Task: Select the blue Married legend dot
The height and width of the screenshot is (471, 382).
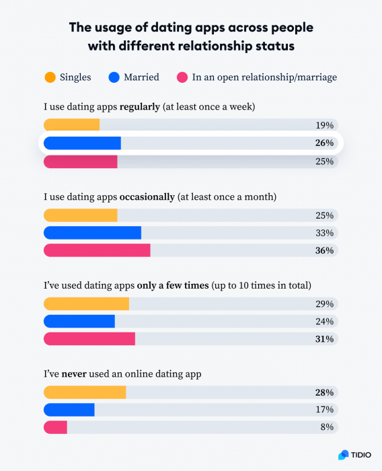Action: tap(114, 77)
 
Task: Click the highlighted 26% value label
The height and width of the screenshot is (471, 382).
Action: tap(324, 143)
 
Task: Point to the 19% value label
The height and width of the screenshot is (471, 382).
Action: tap(324, 125)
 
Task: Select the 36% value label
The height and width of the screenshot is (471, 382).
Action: tap(324, 250)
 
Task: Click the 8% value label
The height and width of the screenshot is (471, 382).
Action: tap(327, 427)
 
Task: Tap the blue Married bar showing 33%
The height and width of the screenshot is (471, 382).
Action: tap(92, 233)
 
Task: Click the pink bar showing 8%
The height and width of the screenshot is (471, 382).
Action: tap(55, 427)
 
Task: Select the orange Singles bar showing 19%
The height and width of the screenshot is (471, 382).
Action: tap(71, 125)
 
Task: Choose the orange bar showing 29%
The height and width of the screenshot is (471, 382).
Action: tap(86, 303)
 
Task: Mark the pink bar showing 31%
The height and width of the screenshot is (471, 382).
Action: tap(89, 338)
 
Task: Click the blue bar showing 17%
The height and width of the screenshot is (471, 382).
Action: tap(69, 410)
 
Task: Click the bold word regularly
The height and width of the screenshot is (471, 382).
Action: tap(140, 107)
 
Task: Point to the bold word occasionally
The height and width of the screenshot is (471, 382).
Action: tap(147, 196)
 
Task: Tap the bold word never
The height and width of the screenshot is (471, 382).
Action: tap(75, 373)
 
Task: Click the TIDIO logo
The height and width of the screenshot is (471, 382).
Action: tap(354, 455)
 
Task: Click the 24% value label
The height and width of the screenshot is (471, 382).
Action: tap(324, 321)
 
